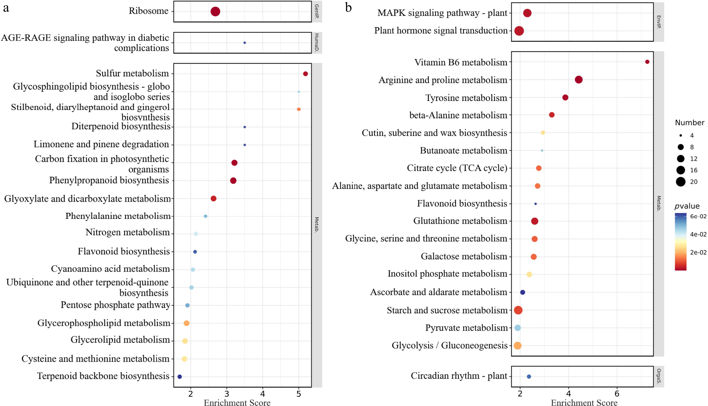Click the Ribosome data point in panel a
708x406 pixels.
point(215,11)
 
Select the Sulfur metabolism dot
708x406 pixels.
point(305,74)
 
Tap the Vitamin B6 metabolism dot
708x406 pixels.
point(647,62)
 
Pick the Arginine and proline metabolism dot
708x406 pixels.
point(578,80)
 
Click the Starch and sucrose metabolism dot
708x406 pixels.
point(518,310)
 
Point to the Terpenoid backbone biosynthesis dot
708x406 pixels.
point(180,377)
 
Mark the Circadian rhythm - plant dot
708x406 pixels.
point(529,376)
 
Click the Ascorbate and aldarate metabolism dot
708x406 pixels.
point(523,292)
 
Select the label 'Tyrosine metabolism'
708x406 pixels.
point(466,98)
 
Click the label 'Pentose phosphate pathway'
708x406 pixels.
point(115,305)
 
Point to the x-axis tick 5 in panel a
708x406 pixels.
point(299,394)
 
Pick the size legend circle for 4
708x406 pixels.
point(680,135)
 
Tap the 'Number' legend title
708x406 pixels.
point(689,123)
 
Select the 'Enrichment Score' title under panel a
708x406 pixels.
point(237,402)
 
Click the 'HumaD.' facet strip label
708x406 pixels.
point(317,43)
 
